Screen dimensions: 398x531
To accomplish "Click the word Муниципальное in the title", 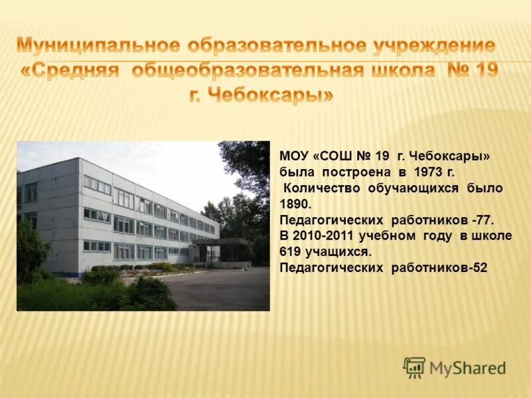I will click(x=98, y=46).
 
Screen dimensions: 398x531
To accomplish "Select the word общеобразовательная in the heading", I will click(x=247, y=70).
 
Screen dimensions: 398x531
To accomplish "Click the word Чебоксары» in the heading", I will click(x=272, y=95).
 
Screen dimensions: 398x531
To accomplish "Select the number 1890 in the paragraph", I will click(x=293, y=204).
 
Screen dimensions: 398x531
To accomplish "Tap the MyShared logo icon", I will click(x=414, y=367).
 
